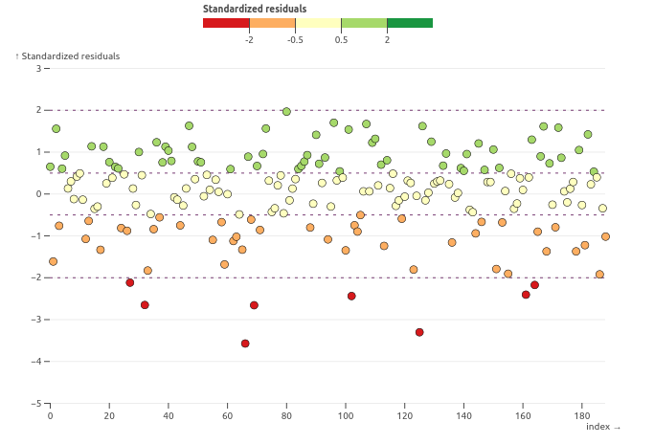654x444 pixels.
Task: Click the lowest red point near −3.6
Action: (245, 344)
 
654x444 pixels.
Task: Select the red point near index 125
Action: (419, 332)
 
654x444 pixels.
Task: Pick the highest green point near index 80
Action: (286, 112)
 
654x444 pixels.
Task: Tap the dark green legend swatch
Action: (410, 23)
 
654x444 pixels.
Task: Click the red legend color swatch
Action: (226, 23)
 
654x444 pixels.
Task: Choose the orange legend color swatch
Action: (272, 23)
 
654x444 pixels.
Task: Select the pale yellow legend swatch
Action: (318, 23)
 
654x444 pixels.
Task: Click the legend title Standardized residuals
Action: (255, 9)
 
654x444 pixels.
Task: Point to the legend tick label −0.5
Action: (295, 39)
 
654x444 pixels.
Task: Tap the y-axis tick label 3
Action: (38, 69)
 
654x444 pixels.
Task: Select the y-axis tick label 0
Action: (38, 194)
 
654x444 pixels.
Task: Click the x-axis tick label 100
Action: (346, 416)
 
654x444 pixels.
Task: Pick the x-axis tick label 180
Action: (582, 416)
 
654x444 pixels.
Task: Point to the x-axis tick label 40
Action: (169, 416)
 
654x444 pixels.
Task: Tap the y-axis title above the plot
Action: (68, 56)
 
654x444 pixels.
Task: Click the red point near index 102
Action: (351, 296)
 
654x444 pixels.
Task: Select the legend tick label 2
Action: (387, 39)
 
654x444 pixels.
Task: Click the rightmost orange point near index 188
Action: (605, 236)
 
